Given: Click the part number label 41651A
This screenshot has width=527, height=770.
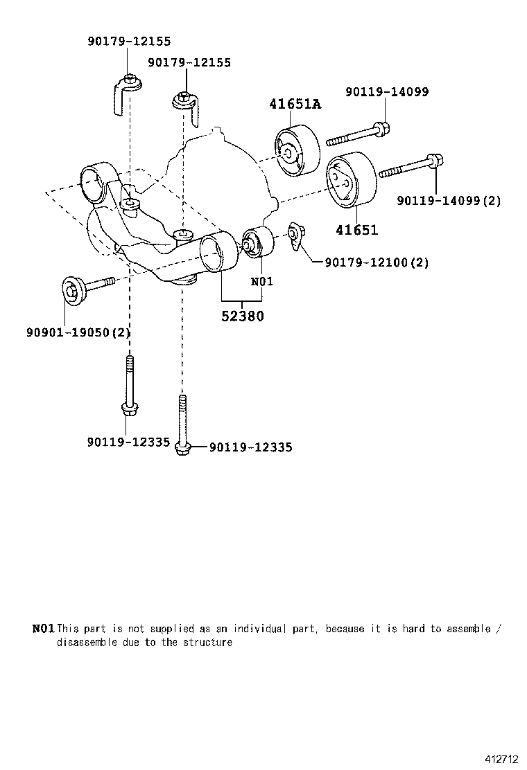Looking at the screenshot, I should pos(295,105).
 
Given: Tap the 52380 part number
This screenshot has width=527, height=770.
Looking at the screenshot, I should pos(242,316).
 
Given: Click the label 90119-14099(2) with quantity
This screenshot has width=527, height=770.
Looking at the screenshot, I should pos(449,201).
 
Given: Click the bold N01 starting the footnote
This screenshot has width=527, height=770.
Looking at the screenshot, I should pos(43,629).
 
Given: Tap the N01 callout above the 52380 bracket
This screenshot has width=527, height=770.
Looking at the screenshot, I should pos(261,281).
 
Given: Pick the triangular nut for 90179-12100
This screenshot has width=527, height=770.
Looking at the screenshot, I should pos(295,235).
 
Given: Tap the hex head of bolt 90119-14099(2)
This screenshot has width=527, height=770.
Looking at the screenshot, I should pos(435,161).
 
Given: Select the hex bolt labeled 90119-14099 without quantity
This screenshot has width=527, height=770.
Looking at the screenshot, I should pos(357,134).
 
